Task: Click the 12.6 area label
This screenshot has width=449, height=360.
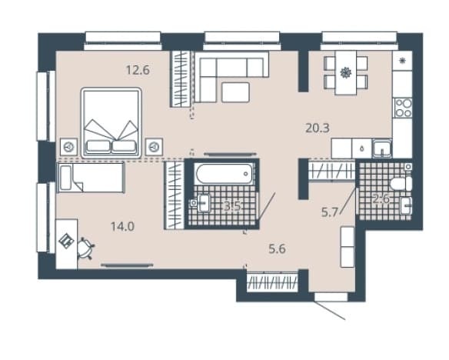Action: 138,70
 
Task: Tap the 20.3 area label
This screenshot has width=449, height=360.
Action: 318,128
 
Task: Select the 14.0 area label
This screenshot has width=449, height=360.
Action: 122,227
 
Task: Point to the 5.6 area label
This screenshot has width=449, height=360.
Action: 277,249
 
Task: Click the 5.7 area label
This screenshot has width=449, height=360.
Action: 330,212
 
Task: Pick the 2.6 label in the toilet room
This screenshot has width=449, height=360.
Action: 381,198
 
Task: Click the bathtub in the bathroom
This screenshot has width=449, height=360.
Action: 224,174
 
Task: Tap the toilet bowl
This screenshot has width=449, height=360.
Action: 401,184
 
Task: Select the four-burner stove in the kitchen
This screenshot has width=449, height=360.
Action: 403,108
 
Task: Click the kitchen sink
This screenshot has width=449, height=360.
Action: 381,148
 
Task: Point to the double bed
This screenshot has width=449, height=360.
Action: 111,123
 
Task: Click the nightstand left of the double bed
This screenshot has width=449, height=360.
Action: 68,147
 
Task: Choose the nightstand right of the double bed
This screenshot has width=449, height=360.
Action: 154,147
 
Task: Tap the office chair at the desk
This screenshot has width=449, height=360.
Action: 85,248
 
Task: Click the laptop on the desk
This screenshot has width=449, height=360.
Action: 66,241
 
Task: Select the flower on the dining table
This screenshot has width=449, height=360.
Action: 346,72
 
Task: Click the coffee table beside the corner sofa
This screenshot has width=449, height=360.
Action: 235,92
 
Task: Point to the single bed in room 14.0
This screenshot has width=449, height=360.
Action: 91,177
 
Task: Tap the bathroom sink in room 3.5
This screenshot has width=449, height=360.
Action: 204,203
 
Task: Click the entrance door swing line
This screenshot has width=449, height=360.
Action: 330,310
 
